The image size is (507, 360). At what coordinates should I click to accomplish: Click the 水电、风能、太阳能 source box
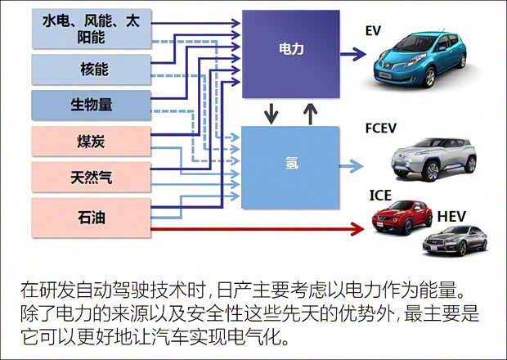pos(91,30)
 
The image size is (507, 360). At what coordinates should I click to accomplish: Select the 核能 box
pos(91,69)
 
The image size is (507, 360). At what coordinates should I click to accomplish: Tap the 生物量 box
pos(91,105)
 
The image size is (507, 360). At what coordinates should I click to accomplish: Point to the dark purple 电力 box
pos(291,51)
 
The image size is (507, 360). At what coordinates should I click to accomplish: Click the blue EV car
pos(416,58)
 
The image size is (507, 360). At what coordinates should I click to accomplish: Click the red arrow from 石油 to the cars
pos(253,230)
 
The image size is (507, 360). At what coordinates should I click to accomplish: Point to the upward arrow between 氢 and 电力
pos(309,112)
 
